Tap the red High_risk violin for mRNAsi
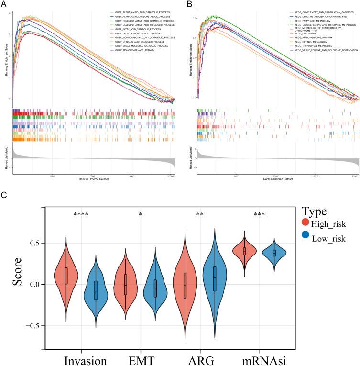coord(244,251)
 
